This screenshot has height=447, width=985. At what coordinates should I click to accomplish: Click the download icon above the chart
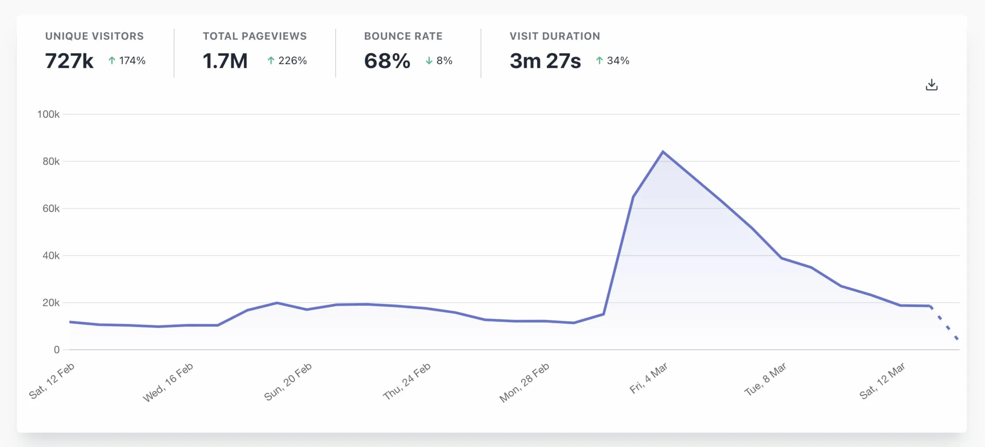pos(931,85)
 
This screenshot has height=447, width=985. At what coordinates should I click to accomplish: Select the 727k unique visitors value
pos(69,61)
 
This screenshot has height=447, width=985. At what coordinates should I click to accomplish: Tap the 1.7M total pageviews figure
pos(225,61)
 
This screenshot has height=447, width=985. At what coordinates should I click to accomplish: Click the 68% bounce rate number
pos(387,61)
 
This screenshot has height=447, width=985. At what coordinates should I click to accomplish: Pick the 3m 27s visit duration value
pos(545,61)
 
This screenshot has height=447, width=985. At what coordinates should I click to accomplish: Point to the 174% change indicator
pos(127,61)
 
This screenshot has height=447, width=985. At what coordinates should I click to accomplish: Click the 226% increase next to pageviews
pos(287,61)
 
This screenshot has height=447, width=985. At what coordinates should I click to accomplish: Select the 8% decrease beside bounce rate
pos(439,61)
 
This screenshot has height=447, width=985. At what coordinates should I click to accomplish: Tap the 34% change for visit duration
pos(613,61)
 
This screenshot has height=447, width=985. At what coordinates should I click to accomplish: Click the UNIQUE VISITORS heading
pos(94,36)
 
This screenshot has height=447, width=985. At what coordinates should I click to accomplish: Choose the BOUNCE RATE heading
pos(403,36)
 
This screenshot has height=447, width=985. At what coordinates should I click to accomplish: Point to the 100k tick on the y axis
pos(48,114)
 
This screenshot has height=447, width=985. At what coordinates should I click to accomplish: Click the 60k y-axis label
pos(51,208)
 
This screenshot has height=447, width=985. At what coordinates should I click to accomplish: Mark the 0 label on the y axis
pos(57,350)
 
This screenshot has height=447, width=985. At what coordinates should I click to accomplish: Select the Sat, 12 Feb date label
pos(52,381)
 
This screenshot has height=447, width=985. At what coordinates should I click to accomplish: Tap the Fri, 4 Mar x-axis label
pos(649,378)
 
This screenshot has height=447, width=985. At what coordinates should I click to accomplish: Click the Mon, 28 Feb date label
pos(524,382)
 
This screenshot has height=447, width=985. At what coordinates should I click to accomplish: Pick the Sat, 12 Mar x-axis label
pos(882,381)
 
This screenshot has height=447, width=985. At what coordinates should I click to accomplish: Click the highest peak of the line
pos(663,152)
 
